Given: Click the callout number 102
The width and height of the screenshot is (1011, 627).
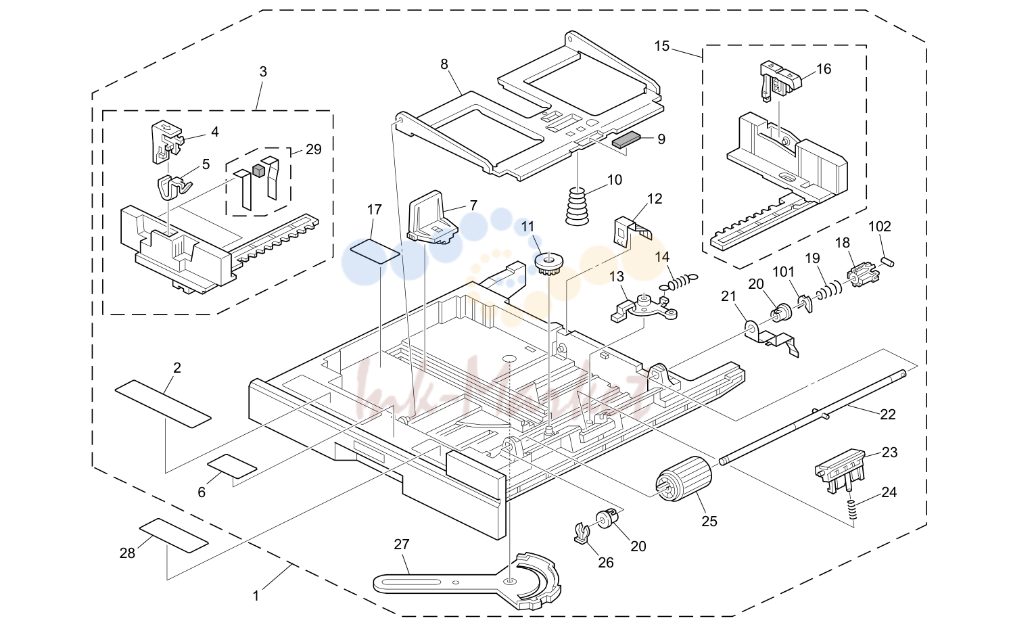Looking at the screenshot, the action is [880, 226].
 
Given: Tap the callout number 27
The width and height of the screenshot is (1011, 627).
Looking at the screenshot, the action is [401, 544].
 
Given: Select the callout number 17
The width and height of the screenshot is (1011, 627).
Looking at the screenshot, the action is [374, 210].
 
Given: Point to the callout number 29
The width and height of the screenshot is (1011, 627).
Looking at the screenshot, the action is [313, 149].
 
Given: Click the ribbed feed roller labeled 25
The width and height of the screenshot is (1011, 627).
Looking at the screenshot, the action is [683, 480].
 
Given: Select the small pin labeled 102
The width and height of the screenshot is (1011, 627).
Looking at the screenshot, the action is [887, 261].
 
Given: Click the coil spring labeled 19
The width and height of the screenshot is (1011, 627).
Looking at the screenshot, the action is [828, 289].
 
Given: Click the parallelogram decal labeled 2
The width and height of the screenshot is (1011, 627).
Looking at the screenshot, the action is [163, 404].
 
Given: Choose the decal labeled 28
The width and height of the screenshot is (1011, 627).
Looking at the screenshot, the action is [174, 536].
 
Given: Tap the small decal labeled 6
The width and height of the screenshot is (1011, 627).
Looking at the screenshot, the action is [232, 466].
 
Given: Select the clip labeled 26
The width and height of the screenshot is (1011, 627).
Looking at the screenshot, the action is [582, 533].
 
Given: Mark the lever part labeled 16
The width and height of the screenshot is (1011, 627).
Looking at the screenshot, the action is [780, 80].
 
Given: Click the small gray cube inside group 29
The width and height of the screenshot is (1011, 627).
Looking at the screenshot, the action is [258, 170].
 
